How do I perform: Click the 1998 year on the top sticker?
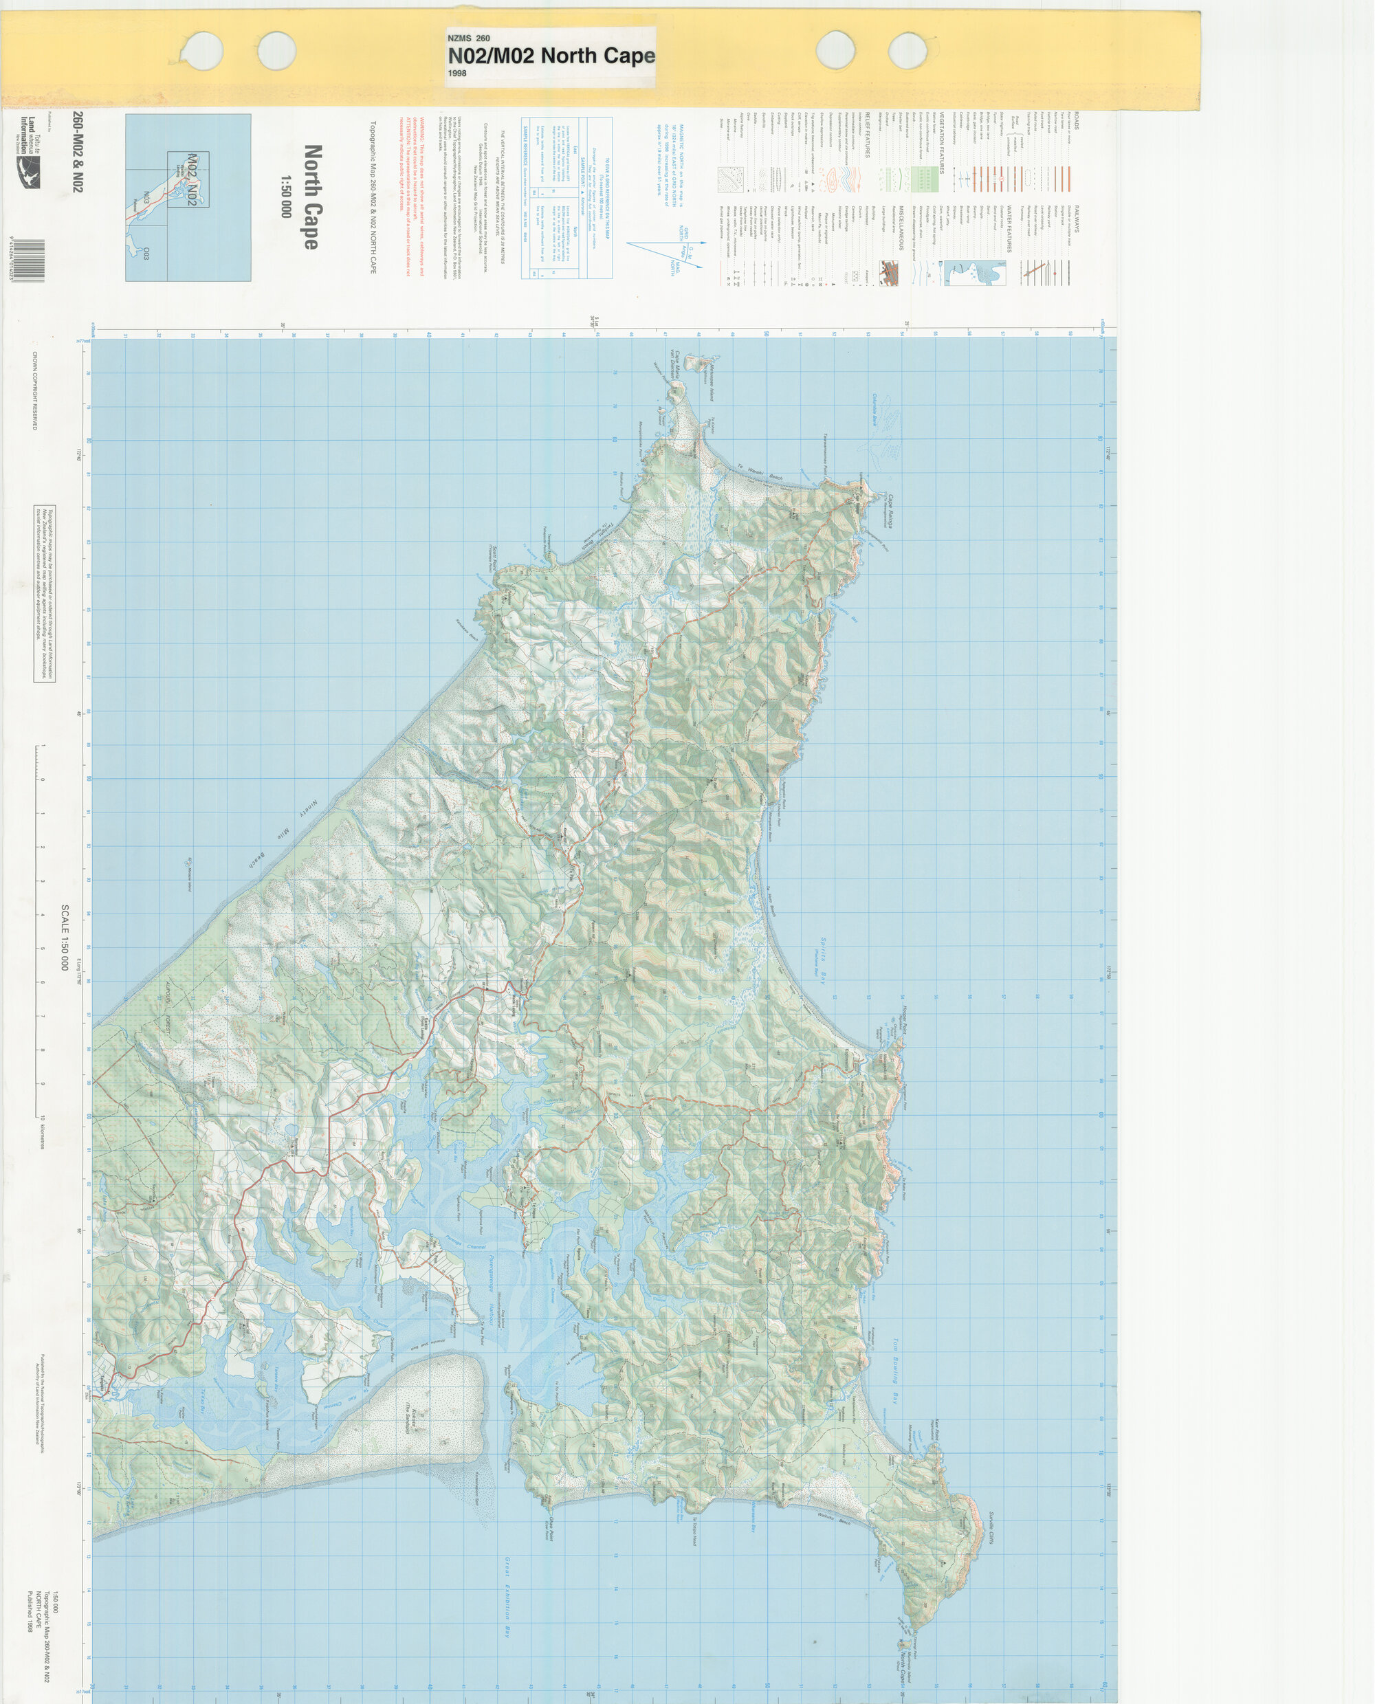pyautogui.click(x=457, y=73)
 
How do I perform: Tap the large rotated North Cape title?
pyautogui.click(x=312, y=197)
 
